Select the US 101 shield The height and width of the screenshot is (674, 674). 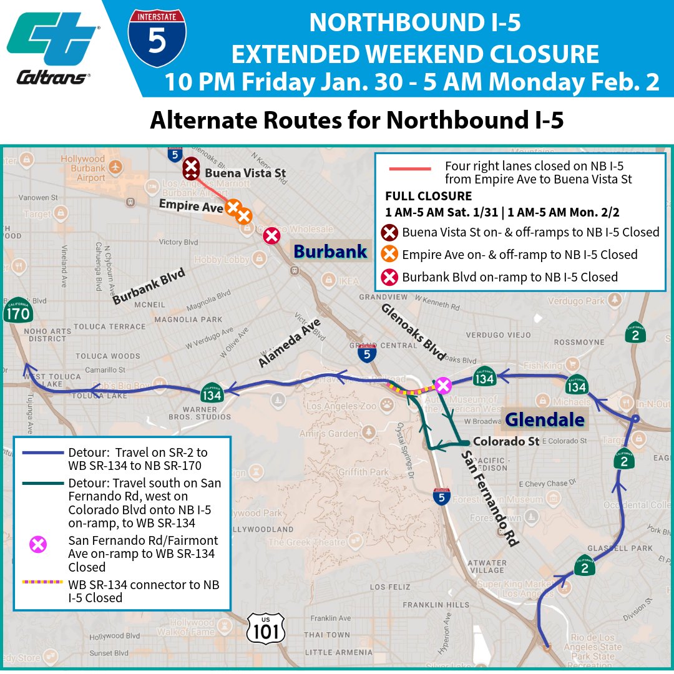(266, 627)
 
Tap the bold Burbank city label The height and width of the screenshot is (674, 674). (330, 252)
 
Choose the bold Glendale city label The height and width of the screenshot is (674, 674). (545, 419)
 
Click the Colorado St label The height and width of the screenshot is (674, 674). (506, 441)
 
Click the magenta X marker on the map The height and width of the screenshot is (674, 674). (443, 386)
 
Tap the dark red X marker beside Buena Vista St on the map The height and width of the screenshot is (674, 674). (191, 168)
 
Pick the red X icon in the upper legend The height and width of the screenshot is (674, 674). (390, 277)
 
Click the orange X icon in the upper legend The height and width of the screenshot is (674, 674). (390, 255)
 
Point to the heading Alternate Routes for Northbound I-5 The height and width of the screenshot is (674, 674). (357, 120)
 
